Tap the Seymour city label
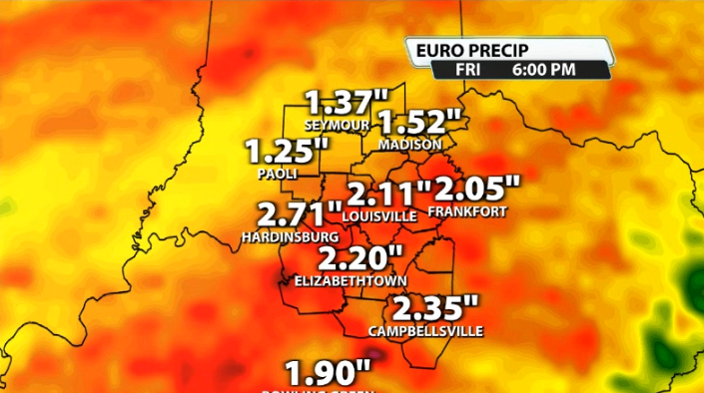pyautogui.click(x=344, y=126)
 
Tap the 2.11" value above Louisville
pyautogui.click(x=388, y=193)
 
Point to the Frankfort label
pyautogui.click(x=467, y=211)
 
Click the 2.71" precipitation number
pyautogui.click(x=293, y=214)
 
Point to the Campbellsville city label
pyautogui.click(x=425, y=330)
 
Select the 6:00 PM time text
pyautogui.click(x=544, y=70)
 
